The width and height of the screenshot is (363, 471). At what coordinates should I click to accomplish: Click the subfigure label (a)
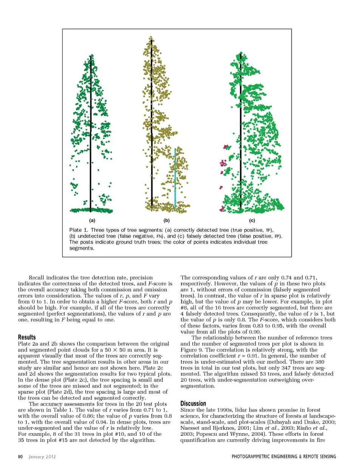tap(92, 221)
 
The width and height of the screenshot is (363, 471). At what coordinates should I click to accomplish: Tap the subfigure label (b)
tap(166, 221)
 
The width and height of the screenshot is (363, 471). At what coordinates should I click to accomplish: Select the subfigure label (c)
tap(252, 221)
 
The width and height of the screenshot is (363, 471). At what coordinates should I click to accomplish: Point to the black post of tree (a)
tap(91, 132)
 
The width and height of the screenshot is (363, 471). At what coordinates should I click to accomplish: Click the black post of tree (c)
tap(241, 132)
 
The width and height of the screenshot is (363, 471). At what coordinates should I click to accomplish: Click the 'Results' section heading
tap(27, 337)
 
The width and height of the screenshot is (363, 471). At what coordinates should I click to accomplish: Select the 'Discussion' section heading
tap(193, 403)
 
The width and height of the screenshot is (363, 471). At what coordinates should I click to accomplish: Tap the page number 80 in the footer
tap(20, 457)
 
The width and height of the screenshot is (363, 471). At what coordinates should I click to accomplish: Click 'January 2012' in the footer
tap(42, 457)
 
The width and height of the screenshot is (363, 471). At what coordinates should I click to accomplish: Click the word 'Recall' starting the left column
tap(36, 278)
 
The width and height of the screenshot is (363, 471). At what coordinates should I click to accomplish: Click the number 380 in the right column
tap(320, 362)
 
